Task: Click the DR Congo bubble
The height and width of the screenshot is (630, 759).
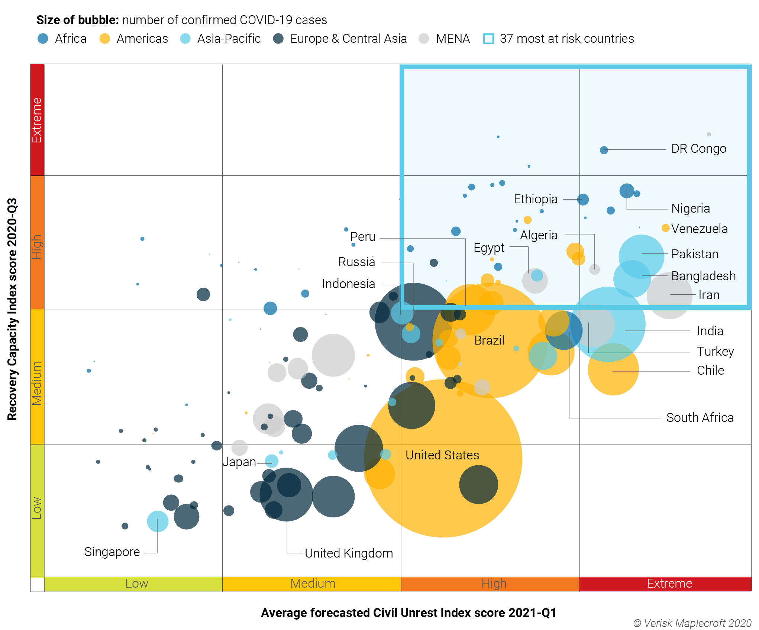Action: pyautogui.click(x=604, y=150)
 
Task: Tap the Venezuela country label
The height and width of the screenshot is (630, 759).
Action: pyautogui.click(x=699, y=229)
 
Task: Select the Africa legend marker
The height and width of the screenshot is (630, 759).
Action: pyautogui.click(x=43, y=39)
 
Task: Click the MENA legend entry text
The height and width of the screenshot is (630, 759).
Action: pyautogui.click(x=453, y=39)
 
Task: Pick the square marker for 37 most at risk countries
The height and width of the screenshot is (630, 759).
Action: pyautogui.click(x=488, y=39)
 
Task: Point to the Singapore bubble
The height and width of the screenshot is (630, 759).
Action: pyautogui.click(x=158, y=521)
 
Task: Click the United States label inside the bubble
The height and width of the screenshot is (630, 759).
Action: pyautogui.click(x=442, y=455)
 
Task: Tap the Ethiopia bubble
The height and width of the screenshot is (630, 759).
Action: pyautogui.click(x=583, y=200)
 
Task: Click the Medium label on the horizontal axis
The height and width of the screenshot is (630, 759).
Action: pyautogui.click(x=313, y=584)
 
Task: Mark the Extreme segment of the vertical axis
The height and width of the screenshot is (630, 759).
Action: pyautogui.click(x=37, y=120)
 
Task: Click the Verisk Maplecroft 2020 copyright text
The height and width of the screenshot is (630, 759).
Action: pyautogui.click(x=692, y=623)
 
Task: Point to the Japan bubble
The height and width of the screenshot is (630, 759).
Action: pyautogui.click(x=272, y=461)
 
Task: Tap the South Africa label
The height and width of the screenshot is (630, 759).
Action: pyautogui.click(x=700, y=417)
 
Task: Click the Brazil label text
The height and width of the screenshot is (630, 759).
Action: pyautogui.click(x=489, y=340)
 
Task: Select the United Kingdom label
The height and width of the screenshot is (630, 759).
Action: pyautogui.click(x=349, y=553)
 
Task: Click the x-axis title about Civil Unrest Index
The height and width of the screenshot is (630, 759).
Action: pyautogui.click(x=408, y=613)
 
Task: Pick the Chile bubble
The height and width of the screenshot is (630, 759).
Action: pyautogui.click(x=613, y=369)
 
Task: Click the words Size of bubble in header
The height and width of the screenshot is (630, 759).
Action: pyautogui.click(x=77, y=20)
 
